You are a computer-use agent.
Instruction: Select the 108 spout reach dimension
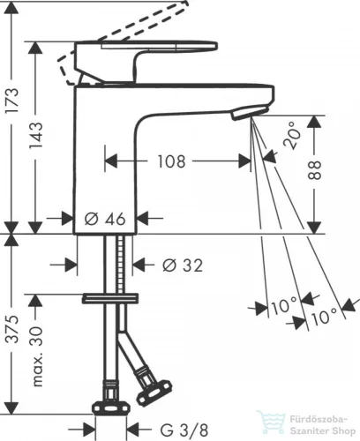coord(172,161)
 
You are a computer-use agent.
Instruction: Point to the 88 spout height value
coord(314,170)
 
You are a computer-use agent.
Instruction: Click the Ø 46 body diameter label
coord(105,219)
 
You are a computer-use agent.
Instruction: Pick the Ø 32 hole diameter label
coord(183,265)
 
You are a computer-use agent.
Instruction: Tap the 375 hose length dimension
coord(13,330)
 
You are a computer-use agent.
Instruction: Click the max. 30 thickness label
coord(36,356)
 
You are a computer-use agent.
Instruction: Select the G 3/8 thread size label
coord(184,430)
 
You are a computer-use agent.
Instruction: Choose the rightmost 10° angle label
coord(324,317)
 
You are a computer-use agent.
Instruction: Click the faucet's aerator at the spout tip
coord(250,113)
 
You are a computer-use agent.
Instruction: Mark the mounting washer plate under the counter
coord(110,298)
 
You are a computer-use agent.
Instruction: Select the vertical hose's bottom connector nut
coord(111,408)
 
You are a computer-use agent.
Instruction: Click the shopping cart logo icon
coord(272,422)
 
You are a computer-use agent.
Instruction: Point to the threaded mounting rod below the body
coord(120,264)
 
